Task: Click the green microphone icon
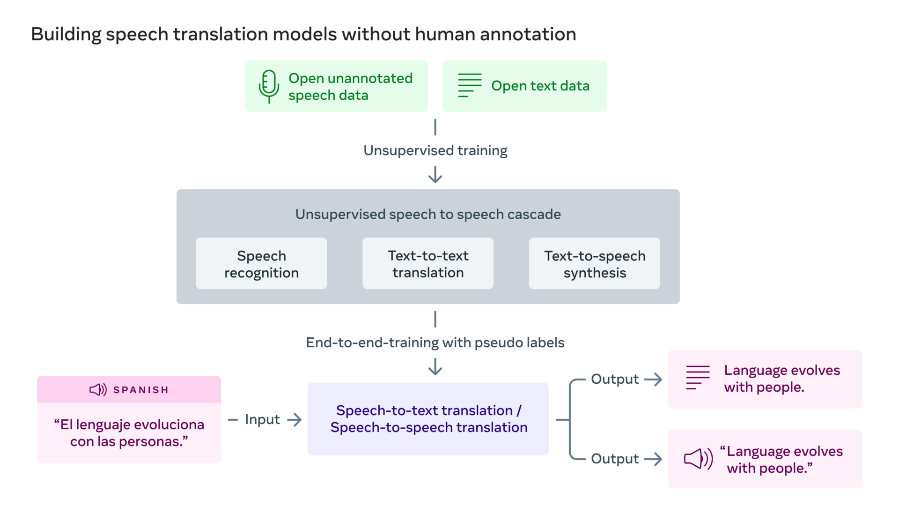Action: pos(269,86)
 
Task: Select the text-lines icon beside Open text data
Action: pos(470,85)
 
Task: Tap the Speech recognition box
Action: pos(261,263)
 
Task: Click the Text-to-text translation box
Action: pos(428,263)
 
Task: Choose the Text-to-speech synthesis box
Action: pos(594,263)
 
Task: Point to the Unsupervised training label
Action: pos(435,150)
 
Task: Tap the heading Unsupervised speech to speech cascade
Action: pos(428,214)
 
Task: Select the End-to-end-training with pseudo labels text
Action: pos(435,342)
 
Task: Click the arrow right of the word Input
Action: pos(295,419)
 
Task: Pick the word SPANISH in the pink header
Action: pos(141,390)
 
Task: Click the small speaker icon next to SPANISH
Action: pos(98,389)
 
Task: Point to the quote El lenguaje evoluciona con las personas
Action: pos(129,433)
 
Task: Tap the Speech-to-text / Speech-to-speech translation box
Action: pos(428,419)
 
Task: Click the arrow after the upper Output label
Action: pos(653,379)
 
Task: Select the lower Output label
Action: pos(614,459)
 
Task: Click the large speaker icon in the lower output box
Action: pos(698,459)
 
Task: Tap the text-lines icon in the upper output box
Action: pos(698,378)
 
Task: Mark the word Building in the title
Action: pos(66,34)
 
